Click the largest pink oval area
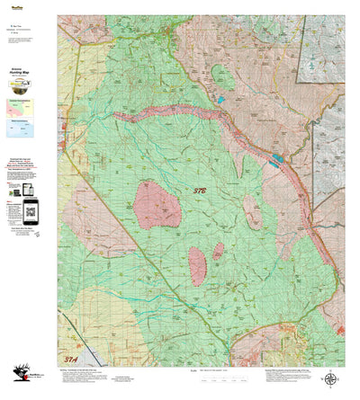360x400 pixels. (x=157, y=204)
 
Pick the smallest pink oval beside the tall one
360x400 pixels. (x=218, y=250)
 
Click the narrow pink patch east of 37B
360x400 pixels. (x=254, y=211)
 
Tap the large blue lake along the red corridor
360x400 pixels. (x=275, y=159)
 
